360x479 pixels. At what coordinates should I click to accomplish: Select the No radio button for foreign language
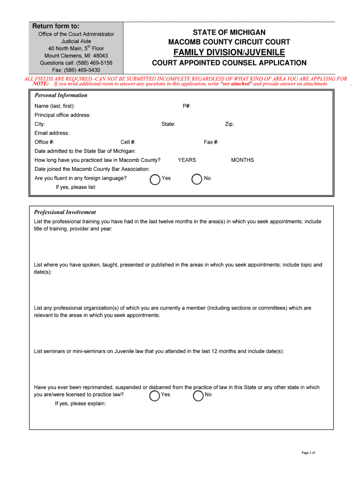[197, 180]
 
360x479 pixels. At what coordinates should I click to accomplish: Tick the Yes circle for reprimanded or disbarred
[155, 396]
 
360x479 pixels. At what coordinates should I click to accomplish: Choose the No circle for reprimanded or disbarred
[198, 396]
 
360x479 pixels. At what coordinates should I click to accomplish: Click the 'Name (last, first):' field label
[55, 106]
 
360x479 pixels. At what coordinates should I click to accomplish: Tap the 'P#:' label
[187, 106]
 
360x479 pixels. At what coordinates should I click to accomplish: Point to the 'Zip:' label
[229, 124]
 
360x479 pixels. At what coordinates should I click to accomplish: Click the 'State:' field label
[168, 124]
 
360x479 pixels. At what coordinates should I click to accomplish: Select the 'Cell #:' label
[128, 142]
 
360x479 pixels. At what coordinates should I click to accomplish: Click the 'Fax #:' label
[211, 142]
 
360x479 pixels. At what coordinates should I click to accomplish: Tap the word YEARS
[187, 160]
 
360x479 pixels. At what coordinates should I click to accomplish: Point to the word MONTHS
[242, 160]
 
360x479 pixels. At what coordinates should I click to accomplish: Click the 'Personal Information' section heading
[61, 95]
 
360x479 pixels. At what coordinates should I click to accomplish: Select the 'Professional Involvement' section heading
[65, 212]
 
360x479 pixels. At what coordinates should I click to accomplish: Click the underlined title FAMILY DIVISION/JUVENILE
[229, 52]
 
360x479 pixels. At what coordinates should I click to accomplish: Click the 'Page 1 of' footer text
[309, 453]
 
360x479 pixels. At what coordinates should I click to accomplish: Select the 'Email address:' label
[52, 133]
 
